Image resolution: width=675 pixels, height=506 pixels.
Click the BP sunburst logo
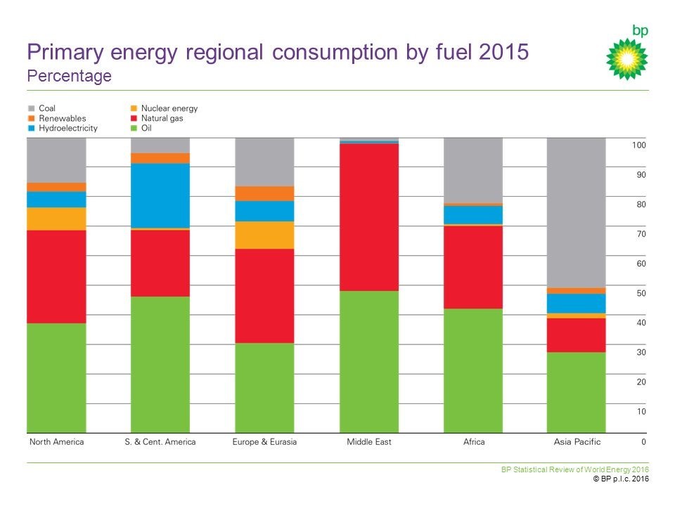click(x=626, y=58)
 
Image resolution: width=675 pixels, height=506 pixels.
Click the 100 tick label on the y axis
click(x=638, y=145)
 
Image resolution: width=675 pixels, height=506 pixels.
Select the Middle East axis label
click(x=368, y=442)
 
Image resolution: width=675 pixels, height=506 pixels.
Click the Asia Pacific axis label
click(x=576, y=442)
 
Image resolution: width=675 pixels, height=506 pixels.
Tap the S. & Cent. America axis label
click(x=161, y=442)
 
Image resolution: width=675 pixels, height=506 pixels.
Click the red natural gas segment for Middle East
click(x=368, y=216)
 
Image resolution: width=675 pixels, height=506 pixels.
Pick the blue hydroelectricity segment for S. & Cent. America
click(x=161, y=195)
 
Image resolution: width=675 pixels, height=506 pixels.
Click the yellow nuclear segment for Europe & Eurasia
click(x=264, y=235)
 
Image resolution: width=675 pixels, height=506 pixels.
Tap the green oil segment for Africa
click(x=472, y=370)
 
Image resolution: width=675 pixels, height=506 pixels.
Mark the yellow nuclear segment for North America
click(x=56, y=219)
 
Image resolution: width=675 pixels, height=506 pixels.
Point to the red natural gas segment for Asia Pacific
click(x=576, y=335)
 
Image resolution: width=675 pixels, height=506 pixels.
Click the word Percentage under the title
click(x=69, y=76)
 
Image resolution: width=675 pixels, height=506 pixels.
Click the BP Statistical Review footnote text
click(x=574, y=469)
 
